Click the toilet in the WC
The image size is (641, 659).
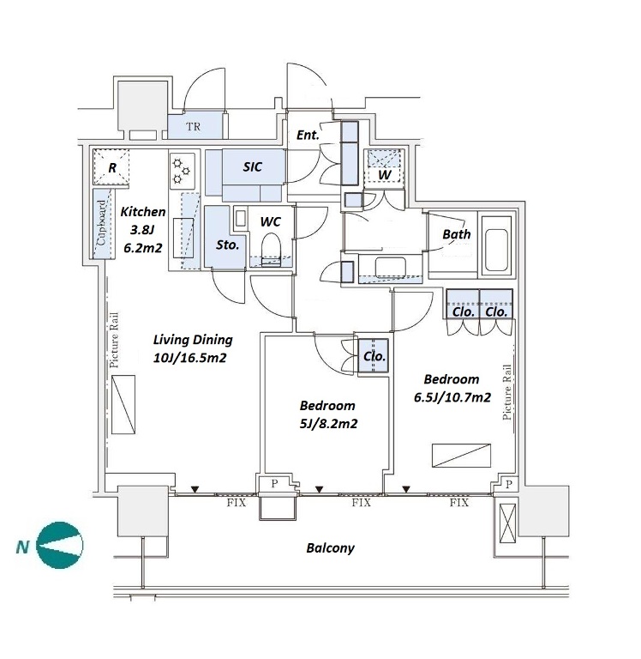point(271,250)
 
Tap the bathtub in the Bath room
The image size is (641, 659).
point(496,245)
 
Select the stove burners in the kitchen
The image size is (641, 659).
point(182,171)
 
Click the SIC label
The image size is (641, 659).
point(252,167)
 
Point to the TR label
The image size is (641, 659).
point(193,126)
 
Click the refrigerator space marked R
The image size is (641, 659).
point(111,166)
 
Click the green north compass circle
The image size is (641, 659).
point(60,546)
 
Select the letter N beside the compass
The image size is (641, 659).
point(22,547)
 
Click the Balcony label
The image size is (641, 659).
point(331,548)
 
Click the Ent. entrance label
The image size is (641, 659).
point(308,135)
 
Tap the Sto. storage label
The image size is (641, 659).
point(227,245)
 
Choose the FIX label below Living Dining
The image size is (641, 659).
point(237,503)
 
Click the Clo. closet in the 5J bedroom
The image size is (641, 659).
point(374,355)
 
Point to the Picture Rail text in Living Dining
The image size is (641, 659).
point(113,340)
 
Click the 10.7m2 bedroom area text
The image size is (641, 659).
point(466,397)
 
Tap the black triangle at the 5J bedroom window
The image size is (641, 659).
point(320,490)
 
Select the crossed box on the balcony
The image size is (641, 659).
point(507,523)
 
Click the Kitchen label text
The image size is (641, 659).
point(143,211)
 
